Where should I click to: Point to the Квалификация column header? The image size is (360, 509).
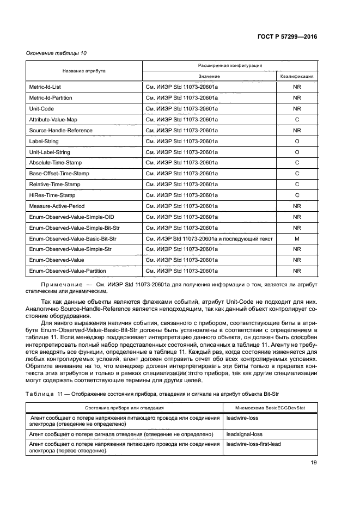coord(297,76)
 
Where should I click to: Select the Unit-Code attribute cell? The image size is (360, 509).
coord(41,109)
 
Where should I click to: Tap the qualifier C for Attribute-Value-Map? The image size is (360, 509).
coord(297,120)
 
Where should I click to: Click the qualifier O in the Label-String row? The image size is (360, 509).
coord(297,141)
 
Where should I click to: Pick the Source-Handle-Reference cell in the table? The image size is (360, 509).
coord(60,131)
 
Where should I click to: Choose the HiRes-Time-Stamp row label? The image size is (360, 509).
coord(52,195)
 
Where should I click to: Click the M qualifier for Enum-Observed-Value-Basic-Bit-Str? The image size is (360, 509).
coord(297,238)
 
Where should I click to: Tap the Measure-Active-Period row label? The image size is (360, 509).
coord(57,206)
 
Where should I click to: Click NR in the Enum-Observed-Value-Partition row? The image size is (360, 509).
coord(297,271)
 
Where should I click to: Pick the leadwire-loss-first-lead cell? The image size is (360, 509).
coord(254,444)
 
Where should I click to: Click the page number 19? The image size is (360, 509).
coord(313,463)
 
